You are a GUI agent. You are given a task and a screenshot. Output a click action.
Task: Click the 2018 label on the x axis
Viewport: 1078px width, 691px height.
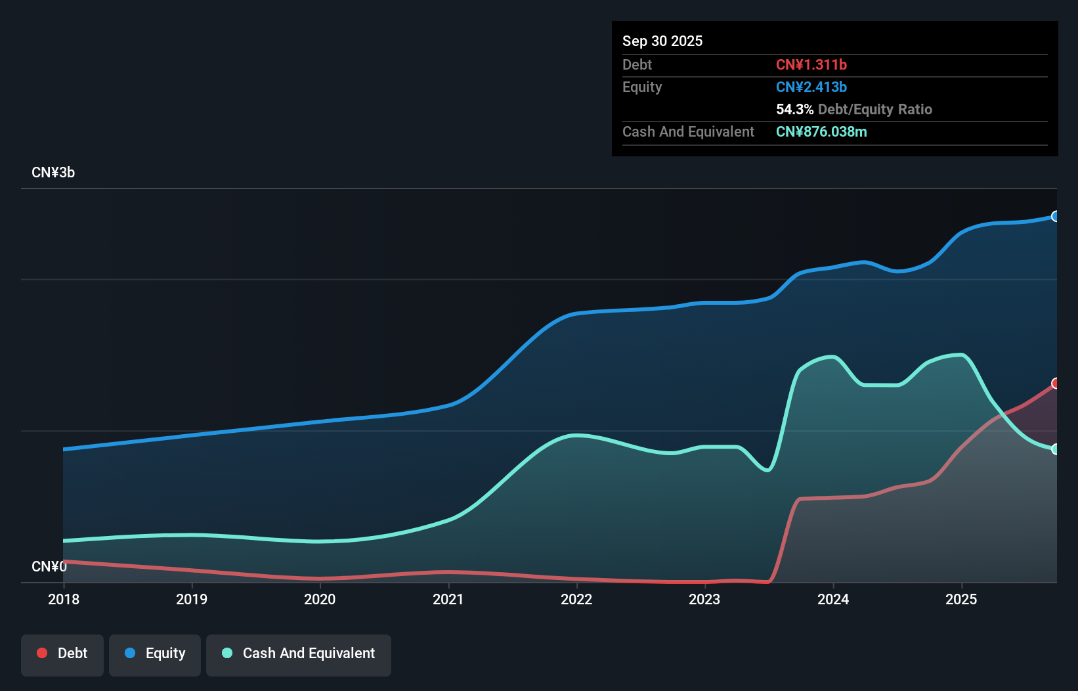(x=64, y=599)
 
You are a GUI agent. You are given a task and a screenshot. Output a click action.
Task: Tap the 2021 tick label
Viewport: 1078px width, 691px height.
(x=448, y=599)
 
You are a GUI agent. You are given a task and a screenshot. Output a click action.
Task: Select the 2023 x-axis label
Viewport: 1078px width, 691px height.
(x=704, y=599)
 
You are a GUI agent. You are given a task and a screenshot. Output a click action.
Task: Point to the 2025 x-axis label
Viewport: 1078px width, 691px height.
(x=961, y=599)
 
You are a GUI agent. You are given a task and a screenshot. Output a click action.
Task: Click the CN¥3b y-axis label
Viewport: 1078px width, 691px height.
(x=53, y=173)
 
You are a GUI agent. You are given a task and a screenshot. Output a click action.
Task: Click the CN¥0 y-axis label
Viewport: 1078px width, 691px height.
(x=49, y=566)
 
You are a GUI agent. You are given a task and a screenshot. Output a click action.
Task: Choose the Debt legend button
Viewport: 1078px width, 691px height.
(x=62, y=654)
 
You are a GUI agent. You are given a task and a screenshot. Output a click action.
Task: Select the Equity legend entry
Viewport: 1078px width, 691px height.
(x=155, y=654)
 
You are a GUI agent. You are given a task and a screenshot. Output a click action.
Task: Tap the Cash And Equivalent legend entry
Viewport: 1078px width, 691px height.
(x=299, y=654)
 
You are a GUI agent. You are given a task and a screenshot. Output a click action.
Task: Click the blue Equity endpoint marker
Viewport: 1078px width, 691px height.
(x=1055, y=217)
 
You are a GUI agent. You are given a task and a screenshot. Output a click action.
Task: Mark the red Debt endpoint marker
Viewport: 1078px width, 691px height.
(x=1055, y=384)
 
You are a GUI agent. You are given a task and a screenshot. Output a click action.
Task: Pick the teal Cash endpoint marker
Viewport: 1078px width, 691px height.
(x=1055, y=449)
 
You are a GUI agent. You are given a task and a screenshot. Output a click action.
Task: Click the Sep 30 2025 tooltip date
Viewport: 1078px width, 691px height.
(x=662, y=41)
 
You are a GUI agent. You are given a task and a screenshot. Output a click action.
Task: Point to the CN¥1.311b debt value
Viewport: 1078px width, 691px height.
(x=811, y=64)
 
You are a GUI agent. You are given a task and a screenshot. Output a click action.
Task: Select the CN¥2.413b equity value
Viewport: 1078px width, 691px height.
(x=811, y=87)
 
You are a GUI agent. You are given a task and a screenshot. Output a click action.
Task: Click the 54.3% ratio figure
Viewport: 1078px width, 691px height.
(x=794, y=109)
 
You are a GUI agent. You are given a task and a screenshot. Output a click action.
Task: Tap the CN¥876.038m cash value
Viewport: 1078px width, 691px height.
(x=821, y=131)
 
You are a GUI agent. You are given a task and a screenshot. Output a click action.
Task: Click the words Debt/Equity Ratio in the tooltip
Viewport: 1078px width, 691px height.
(x=875, y=109)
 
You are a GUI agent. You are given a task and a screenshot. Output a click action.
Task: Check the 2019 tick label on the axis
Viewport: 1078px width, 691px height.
(x=192, y=599)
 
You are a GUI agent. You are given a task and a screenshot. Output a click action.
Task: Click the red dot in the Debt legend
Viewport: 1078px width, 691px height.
(x=42, y=653)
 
